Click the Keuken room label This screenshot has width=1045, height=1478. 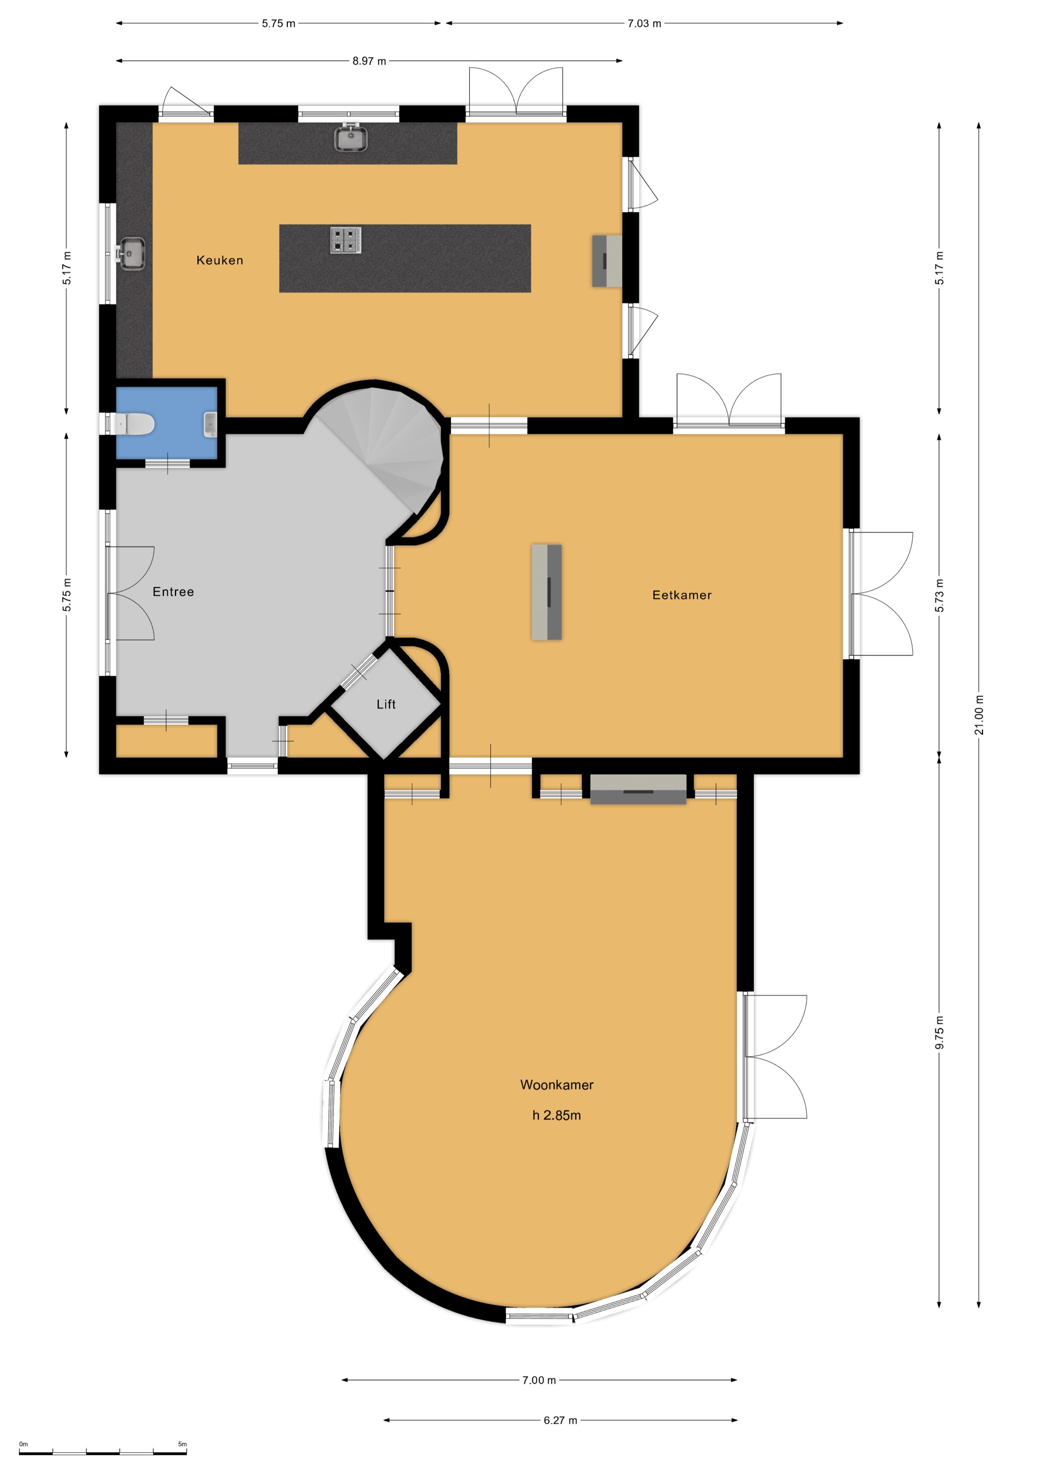coord(220,260)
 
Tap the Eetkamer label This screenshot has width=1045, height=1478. coord(681,595)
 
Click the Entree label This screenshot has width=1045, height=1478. coord(173,592)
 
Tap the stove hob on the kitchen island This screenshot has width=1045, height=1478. coord(346,240)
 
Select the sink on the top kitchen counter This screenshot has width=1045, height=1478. coord(351,138)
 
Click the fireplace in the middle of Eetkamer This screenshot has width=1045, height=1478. coord(547,592)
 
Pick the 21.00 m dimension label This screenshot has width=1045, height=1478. coord(979,715)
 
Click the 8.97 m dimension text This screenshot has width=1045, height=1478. coord(369,61)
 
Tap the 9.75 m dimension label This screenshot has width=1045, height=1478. coord(939,1032)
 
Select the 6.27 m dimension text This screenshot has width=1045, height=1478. coord(560,1420)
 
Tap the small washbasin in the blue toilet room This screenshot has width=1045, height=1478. coord(210,424)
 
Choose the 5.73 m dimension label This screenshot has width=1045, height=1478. coord(939,595)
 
